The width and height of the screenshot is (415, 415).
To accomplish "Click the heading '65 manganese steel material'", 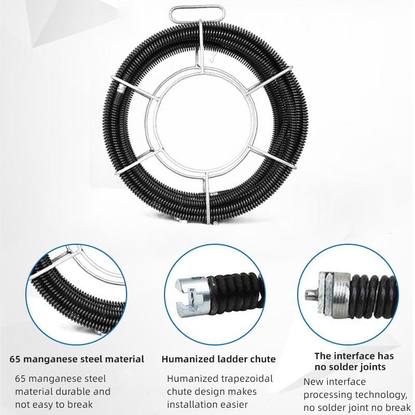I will click(77, 359).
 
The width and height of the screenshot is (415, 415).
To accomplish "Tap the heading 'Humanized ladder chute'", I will click(218, 359).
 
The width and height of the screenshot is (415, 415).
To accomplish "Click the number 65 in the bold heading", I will click(16, 359).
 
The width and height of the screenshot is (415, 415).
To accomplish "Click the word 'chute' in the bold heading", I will click(261, 359).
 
